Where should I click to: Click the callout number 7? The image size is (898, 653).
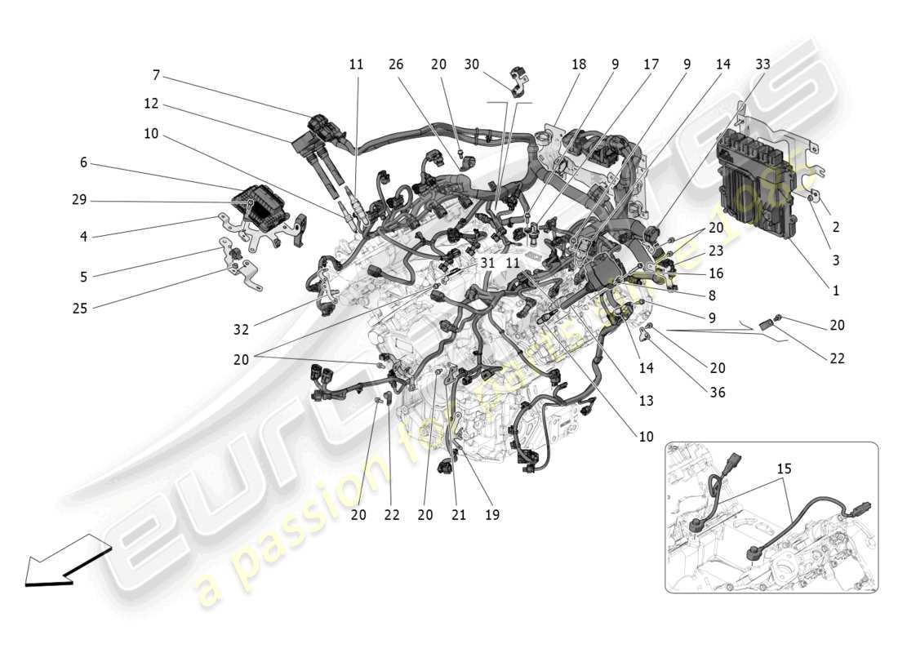(x=155, y=76)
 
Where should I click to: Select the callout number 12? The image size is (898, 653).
(x=151, y=104)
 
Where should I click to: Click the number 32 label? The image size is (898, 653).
(x=241, y=329)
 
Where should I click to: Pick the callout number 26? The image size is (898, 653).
(x=396, y=64)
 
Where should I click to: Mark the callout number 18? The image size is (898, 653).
(x=579, y=64)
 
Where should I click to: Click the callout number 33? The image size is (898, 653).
(x=762, y=64)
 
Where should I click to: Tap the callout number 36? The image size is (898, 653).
(x=718, y=393)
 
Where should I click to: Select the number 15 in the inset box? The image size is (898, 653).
(x=784, y=469)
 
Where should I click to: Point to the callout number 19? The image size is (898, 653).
(x=491, y=514)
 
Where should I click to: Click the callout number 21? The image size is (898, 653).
(x=458, y=514)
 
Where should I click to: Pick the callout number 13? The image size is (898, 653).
(x=646, y=401)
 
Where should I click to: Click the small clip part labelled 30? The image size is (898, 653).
(x=520, y=82)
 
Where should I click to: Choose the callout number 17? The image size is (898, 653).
(x=651, y=64)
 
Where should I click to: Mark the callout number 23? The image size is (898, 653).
(x=716, y=252)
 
